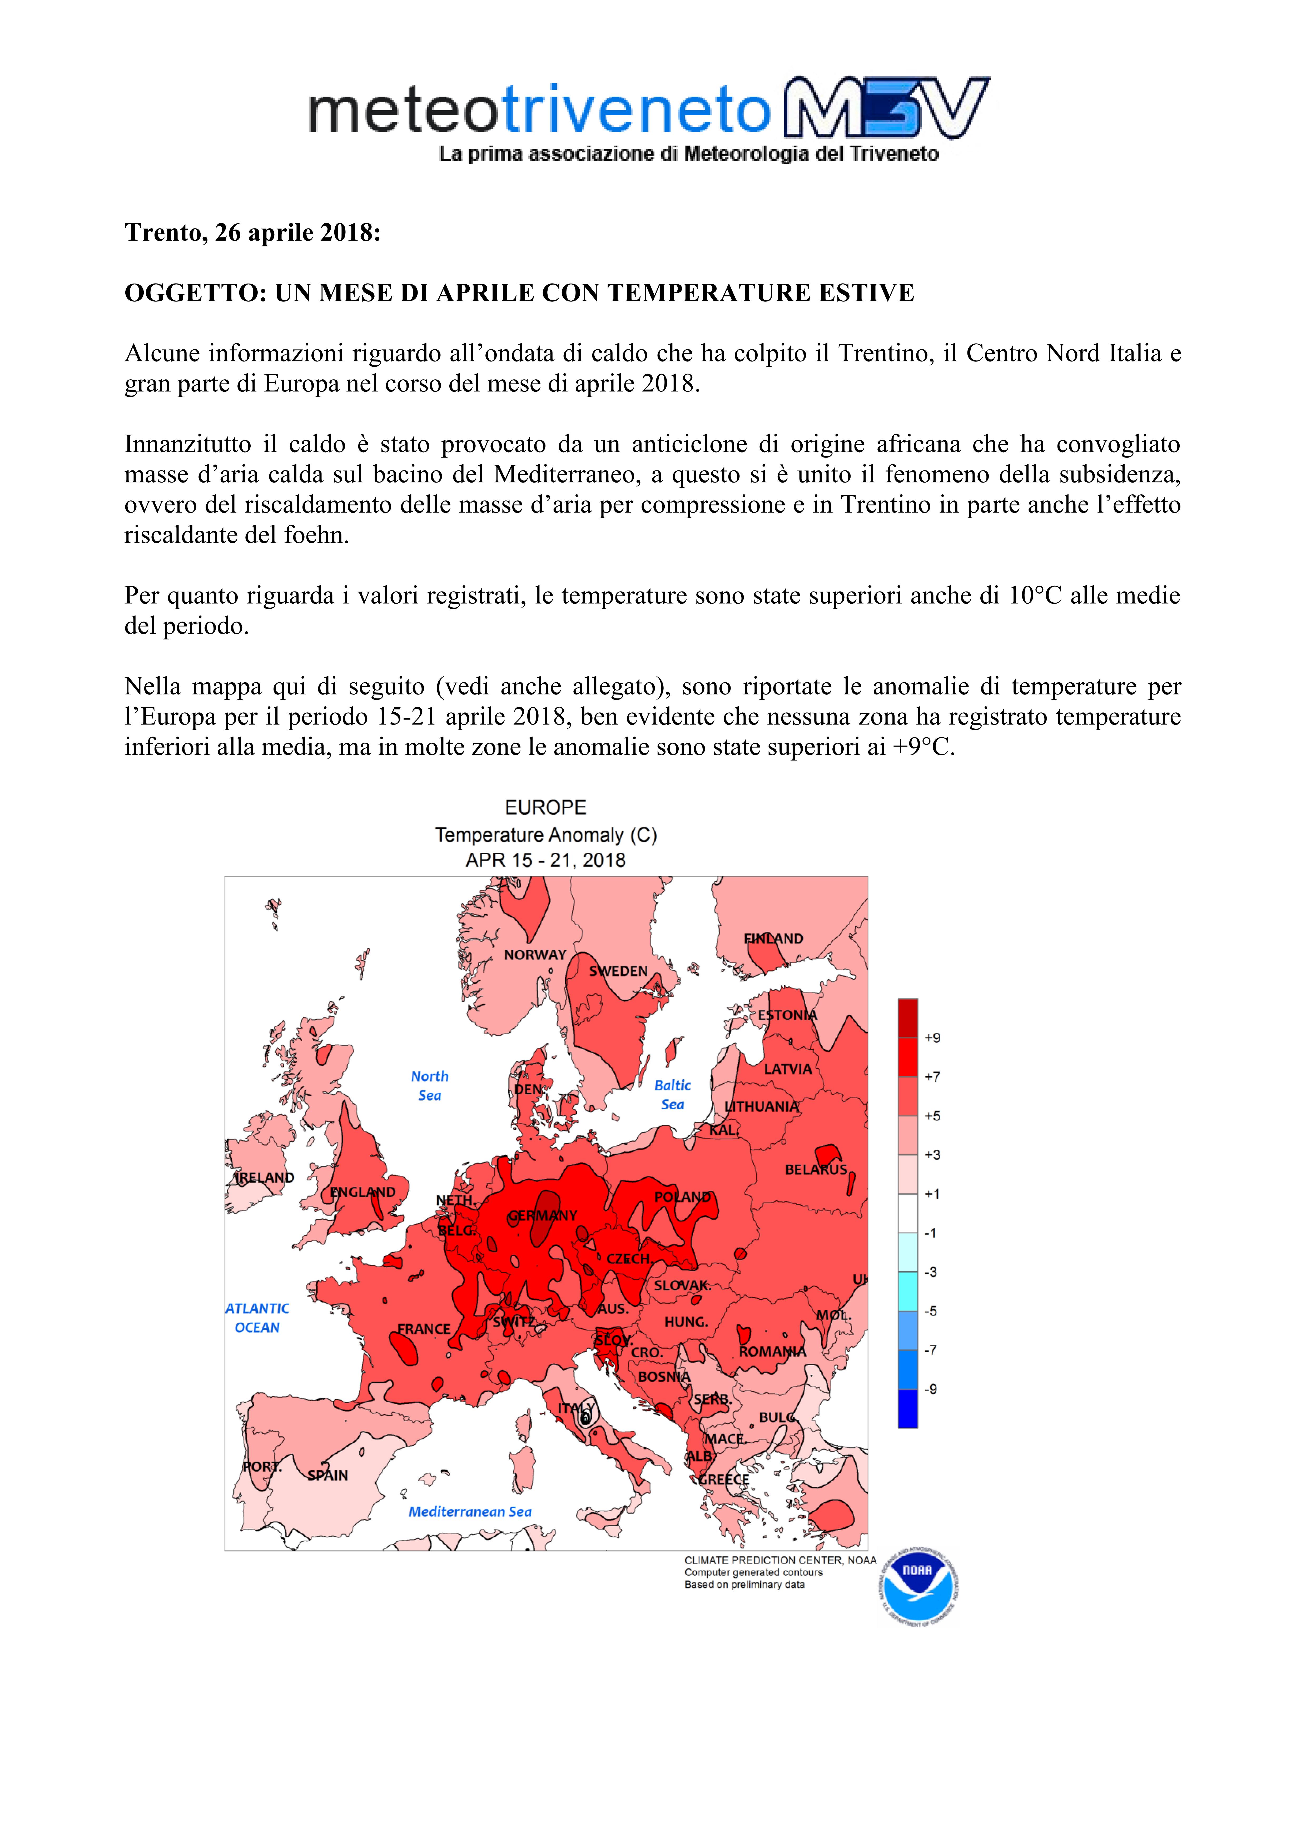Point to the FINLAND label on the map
point(772,939)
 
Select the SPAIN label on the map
point(327,1475)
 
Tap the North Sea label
point(430,1085)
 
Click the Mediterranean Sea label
point(470,1512)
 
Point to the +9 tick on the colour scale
point(932,1038)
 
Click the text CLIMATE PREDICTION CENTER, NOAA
point(780,1560)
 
